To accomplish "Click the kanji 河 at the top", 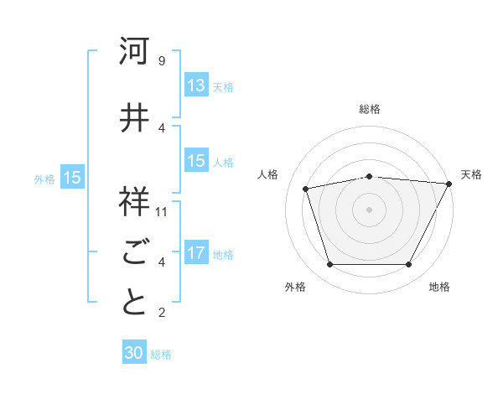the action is coord(134,51).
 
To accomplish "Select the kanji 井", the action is coord(134,118).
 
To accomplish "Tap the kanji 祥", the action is coord(134,202).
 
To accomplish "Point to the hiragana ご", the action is coord(134,252).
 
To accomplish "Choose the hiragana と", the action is coord(134,303).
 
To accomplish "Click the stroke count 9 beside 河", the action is coord(161,61).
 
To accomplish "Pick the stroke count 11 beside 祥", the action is coord(162,212).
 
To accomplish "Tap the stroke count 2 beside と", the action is coord(161,313).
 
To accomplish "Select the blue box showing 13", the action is coord(196,86).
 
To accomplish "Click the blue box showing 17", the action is coord(196,253).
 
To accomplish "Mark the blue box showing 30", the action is coord(134,354).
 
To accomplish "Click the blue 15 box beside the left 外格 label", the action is coord(72,178).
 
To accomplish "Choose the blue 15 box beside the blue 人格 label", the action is coord(196,161).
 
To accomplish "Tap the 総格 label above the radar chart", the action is coord(370,109).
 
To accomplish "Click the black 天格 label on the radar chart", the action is coord(471,174).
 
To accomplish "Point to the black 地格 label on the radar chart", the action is coord(439,287).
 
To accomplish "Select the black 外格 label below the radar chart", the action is coord(295,287).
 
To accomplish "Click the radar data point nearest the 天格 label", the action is coord(450,184).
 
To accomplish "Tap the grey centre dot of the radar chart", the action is coord(370,209).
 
